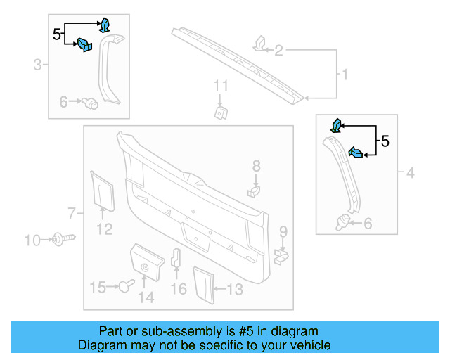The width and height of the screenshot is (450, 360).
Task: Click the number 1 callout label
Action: point(345,74)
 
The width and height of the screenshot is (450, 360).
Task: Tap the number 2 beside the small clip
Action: point(278,50)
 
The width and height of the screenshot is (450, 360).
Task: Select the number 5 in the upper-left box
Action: point(57,32)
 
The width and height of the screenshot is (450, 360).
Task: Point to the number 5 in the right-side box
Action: point(385,141)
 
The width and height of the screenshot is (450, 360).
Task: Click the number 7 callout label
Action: point(71,212)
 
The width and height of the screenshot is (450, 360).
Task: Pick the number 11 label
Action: point(221,86)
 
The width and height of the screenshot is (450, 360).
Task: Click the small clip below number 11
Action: point(221,112)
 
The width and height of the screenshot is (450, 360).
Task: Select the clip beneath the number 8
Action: point(255,190)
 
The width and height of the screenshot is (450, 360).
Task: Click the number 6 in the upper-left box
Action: point(64,103)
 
